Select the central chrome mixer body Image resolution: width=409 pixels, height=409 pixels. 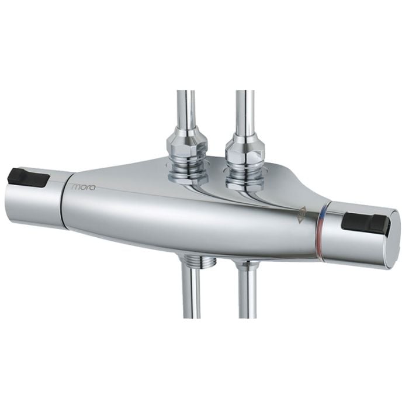point(187,216)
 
